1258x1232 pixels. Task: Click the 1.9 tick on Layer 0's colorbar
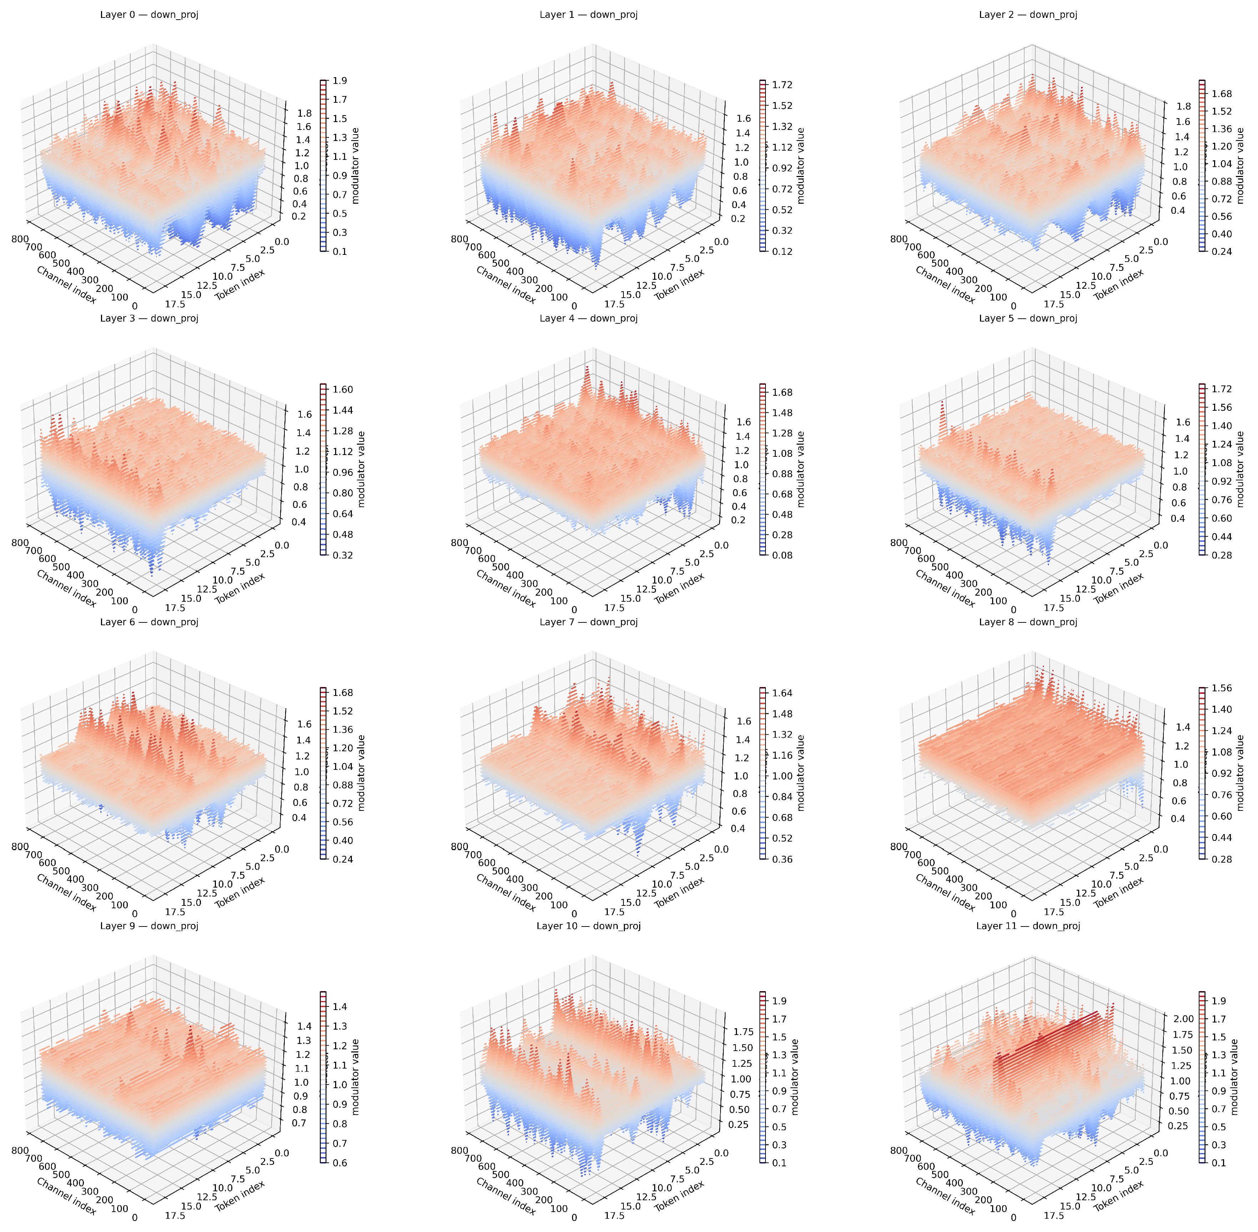339,81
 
